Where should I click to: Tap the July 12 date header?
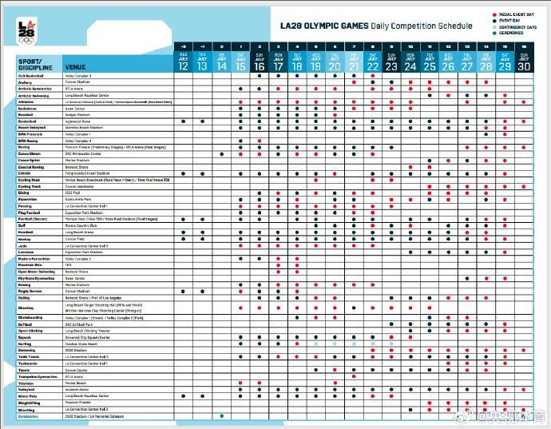tap(184, 64)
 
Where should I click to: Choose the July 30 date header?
tap(524, 64)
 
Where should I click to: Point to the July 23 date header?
tap(391, 64)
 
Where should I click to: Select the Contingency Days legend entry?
tap(517, 27)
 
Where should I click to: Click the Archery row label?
tap(25, 81)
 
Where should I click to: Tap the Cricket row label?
tap(24, 173)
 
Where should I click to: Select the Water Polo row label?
tap(26, 395)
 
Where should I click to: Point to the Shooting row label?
tap(26, 308)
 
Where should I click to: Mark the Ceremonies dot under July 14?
tap(221, 416)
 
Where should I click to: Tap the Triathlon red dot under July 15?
tap(240, 383)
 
